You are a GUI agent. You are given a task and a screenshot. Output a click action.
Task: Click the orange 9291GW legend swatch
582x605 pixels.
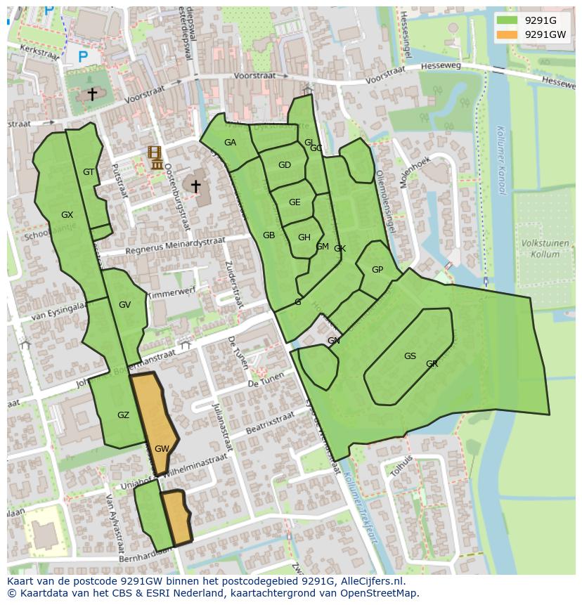coord(506,34)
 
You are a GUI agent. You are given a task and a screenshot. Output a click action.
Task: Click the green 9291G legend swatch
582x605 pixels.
coord(506,20)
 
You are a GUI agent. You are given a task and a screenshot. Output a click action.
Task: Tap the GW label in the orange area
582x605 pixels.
coord(162,449)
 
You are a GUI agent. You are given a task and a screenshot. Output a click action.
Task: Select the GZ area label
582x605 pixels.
coord(123,415)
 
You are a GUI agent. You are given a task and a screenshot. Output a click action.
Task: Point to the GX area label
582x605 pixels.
coord(67,215)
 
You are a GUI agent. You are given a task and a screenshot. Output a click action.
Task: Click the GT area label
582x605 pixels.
coord(89,172)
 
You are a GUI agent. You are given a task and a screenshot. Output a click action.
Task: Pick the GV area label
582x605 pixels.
coord(124,305)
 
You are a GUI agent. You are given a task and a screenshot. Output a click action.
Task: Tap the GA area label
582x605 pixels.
coord(230,143)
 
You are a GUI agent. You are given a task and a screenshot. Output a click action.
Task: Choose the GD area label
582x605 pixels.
coord(284,166)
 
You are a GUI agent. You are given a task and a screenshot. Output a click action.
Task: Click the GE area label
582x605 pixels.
coord(295,202)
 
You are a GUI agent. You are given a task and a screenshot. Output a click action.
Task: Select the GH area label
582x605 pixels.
coord(304,238)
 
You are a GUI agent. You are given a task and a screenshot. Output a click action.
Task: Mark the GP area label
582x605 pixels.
coord(377,270)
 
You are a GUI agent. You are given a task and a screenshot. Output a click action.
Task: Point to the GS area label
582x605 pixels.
coord(410,356)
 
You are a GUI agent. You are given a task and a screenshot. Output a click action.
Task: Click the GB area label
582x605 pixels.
coord(269,235)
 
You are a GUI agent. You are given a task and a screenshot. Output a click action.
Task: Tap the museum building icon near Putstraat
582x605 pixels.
coord(156,158)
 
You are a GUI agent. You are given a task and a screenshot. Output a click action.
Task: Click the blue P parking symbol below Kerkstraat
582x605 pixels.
coord(83,57)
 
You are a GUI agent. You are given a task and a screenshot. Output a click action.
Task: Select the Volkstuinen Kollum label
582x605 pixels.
coord(545,249)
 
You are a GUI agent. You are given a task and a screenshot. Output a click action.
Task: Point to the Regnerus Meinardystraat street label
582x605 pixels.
coord(175,246)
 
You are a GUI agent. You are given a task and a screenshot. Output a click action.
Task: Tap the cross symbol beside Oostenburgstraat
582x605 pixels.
coord(195,186)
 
